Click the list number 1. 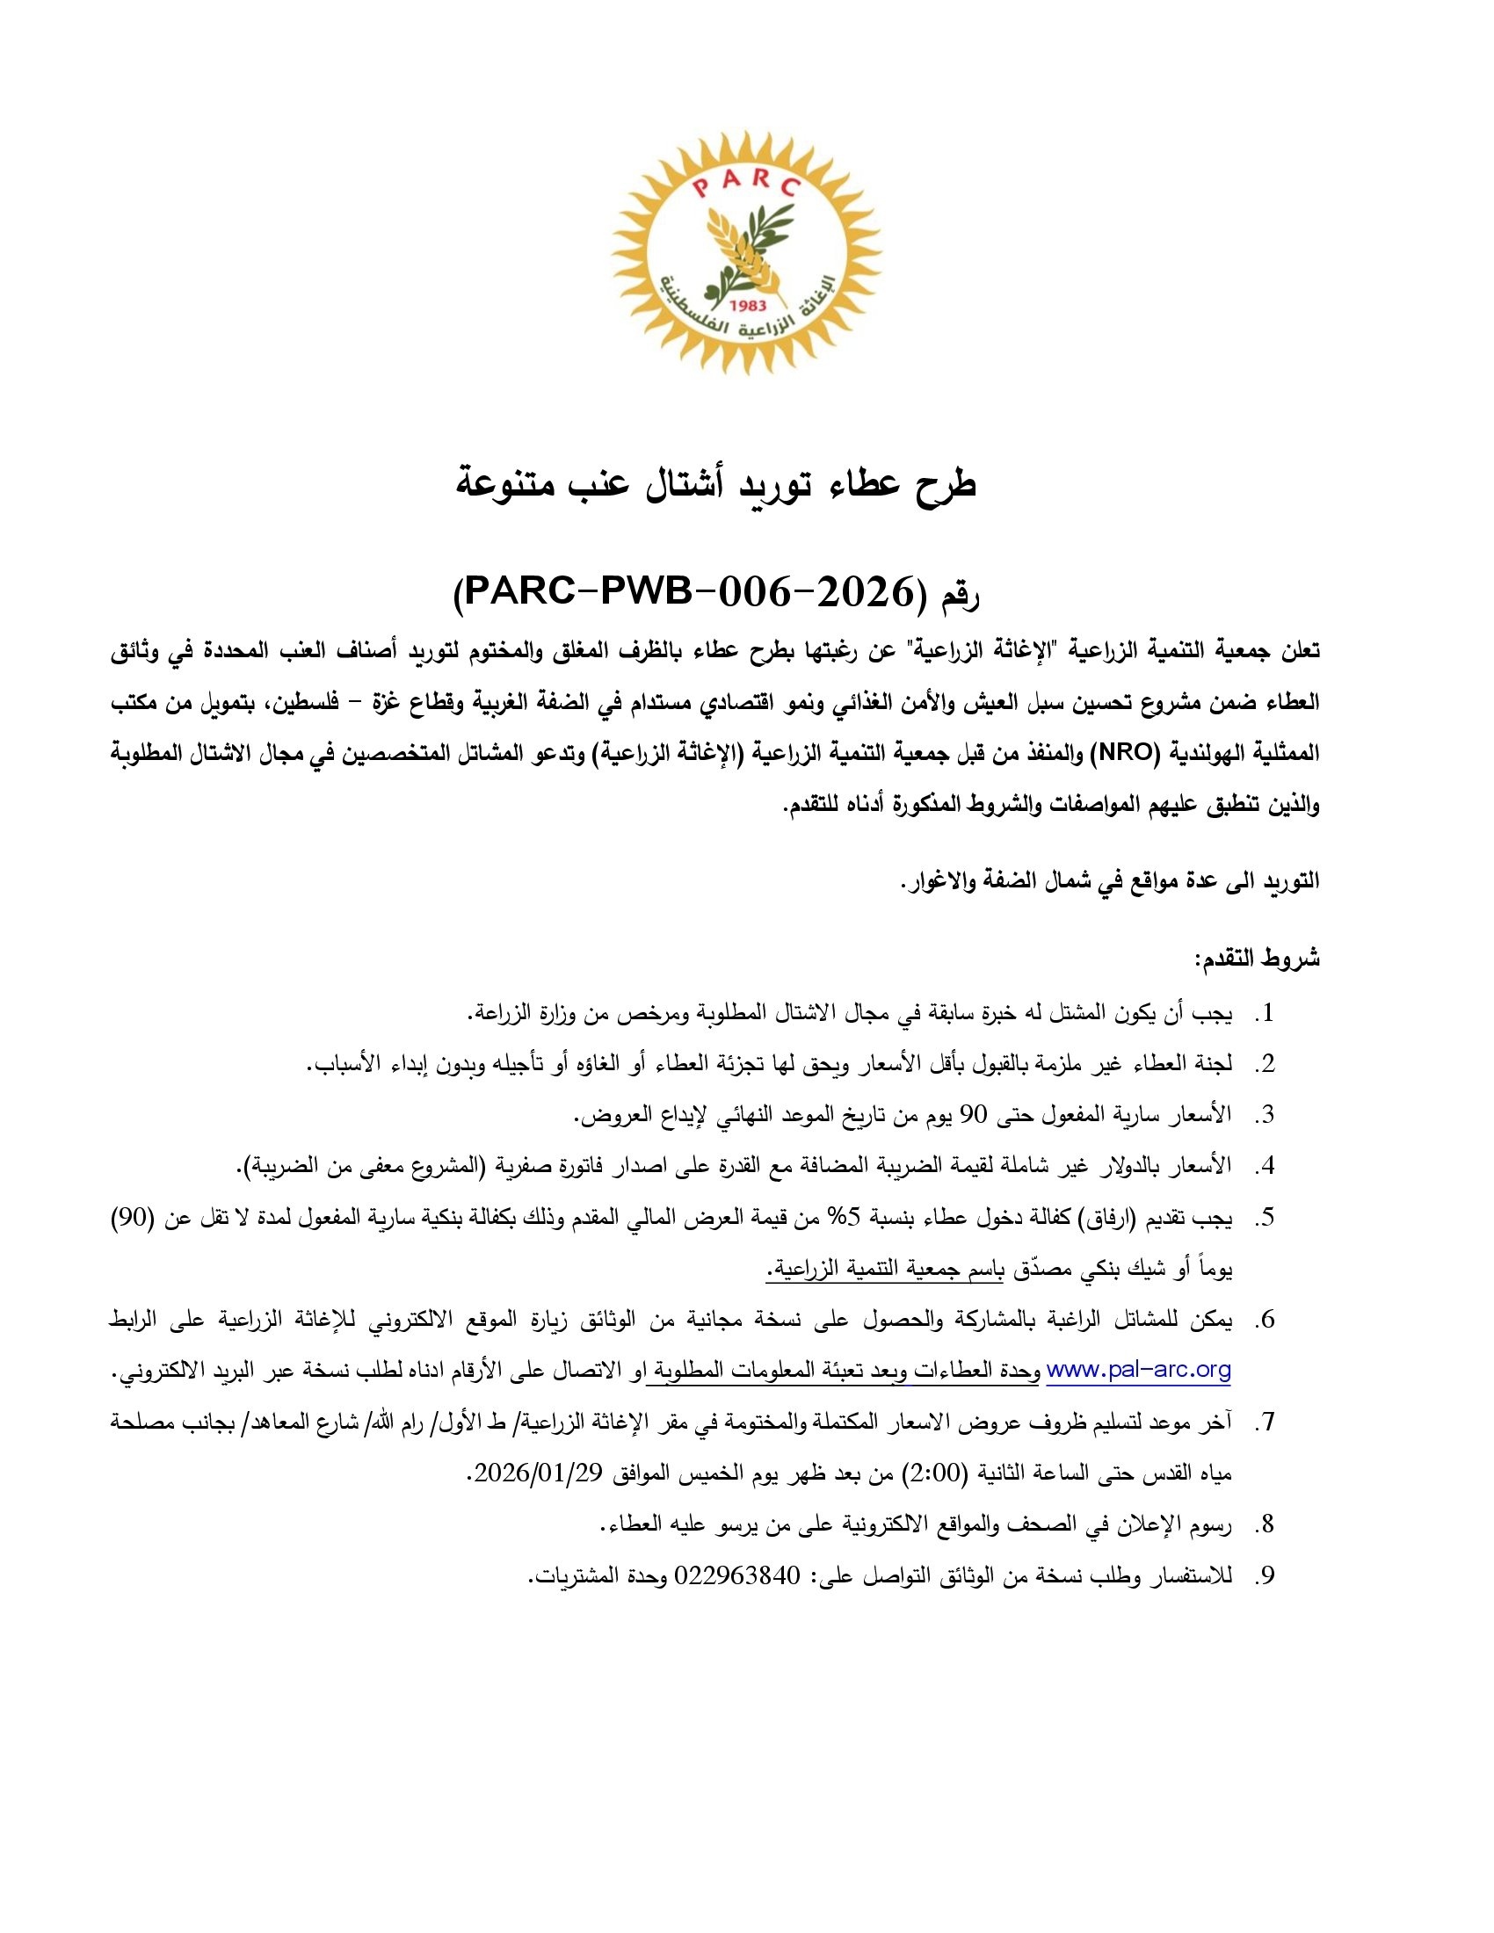[1266, 1013]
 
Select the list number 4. [1266, 1167]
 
